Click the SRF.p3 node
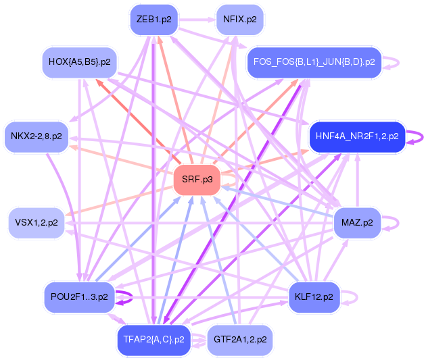(x=197, y=180)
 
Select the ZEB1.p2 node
(x=154, y=19)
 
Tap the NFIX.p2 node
(x=239, y=19)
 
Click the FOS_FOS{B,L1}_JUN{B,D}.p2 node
(x=314, y=62)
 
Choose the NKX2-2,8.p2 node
(x=36, y=136)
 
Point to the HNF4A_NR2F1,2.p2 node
(x=356, y=136)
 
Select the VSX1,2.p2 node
(x=36, y=222)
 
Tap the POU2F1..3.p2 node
(x=79, y=297)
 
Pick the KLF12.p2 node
(x=314, y=297)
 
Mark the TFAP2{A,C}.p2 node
(x=153, y=339)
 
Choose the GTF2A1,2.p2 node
(x=239, y=339)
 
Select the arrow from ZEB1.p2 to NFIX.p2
(x=196, y=19)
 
